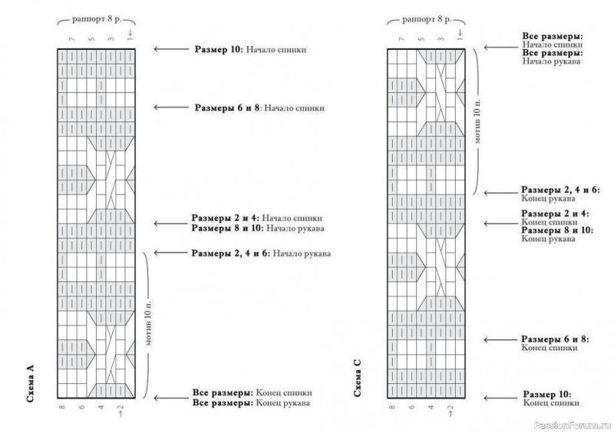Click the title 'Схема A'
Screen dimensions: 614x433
tap(31, 383)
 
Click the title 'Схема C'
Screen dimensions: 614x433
tap(358, 378)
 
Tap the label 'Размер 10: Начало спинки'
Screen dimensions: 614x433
tap(251, 50)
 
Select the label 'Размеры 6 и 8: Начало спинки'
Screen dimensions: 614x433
tap(259, 108)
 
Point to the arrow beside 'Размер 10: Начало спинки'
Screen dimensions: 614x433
tap(171, 49)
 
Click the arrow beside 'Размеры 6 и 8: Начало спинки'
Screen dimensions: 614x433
tap(171, 107)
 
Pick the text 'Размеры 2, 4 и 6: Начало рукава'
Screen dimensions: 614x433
tap(261, 254)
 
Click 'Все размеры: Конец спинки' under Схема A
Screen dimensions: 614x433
tap(253, 392)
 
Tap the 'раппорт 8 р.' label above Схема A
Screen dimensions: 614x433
tap(97, 19)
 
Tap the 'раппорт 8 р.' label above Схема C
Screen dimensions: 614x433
tap(427, 19)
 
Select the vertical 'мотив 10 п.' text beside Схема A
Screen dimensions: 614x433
tap(148, 323)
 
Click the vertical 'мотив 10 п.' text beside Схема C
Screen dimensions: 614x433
tap(477, 121)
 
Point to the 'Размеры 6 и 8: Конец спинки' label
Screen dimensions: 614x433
tap(555, 343)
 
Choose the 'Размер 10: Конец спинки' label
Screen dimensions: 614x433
tap(551, 399)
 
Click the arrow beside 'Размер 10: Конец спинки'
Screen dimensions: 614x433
tap(501, 399)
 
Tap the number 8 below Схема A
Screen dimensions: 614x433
tap(62, 408)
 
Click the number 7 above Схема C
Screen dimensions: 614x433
tap(401, 39)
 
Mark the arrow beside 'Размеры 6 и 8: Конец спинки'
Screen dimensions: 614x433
tap(501, 340)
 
